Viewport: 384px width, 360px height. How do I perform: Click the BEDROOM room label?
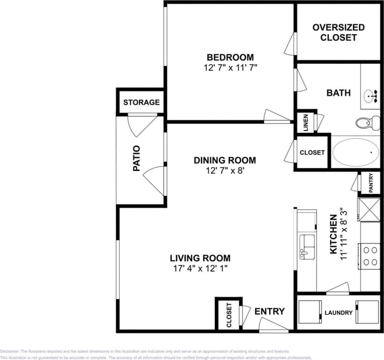tap(230, 57)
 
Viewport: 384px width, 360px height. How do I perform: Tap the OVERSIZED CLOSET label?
tap(338, 33)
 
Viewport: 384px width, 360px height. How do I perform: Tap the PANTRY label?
tap(371, 183)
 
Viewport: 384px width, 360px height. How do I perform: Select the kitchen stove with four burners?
tap(370, 256)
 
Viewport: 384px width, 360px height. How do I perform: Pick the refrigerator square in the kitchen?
tap(368, 210)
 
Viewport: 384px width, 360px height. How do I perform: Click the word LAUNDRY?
tap(339, 313)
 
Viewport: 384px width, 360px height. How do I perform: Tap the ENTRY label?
tap(270, 311)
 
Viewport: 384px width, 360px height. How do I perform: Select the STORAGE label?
tap(141, 103)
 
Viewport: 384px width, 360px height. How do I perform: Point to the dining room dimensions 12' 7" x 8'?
tap(225, 171)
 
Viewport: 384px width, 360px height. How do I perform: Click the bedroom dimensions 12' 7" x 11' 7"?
tap(230, 68)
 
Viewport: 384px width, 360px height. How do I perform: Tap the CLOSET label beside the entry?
tap(229, 315)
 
